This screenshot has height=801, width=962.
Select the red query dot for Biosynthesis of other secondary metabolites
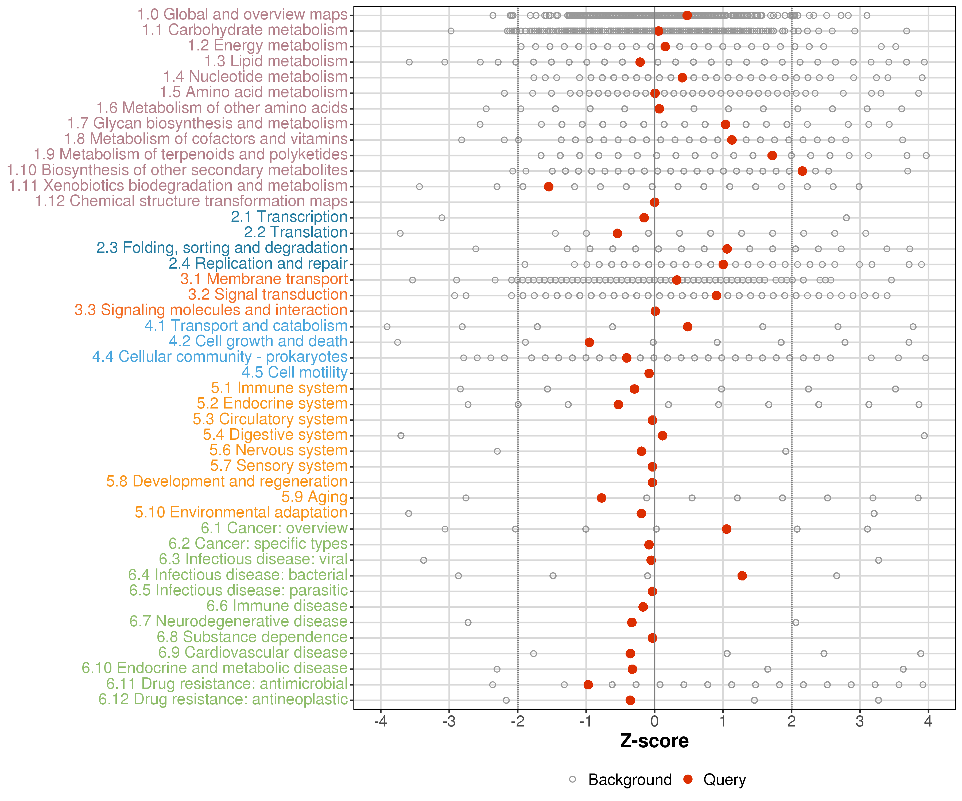802,171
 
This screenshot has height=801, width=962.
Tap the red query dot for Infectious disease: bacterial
742,576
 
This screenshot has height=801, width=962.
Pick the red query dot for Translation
618,233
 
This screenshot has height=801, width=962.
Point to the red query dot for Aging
602,498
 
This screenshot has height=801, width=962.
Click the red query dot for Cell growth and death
589,342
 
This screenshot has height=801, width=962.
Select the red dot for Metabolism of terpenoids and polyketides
772,156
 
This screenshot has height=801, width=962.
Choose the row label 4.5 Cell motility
294,372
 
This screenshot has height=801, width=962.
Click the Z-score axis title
655,741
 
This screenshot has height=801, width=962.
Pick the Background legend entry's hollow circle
573,779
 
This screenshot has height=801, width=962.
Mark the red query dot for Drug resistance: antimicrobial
588,685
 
